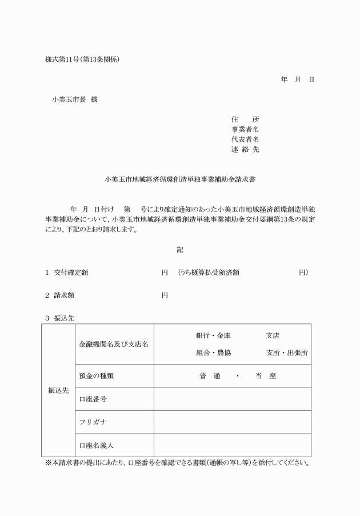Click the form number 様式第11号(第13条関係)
tap(82, 59)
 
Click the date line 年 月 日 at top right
tap(297, 79)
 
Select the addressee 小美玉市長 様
tap(75, 99)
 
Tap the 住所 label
tap(245, 119)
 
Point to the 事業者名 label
tap(245, 130)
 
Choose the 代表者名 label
tap(245, 139)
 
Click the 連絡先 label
tap(245, 150)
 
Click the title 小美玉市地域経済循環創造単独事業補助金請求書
tap(180, 179)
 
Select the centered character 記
tap(180, 250)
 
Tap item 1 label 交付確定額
tap(71, 273)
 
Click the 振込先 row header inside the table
tap(58, 391)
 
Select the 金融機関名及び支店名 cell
tap(114, 344)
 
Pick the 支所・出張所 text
tap(287, 353)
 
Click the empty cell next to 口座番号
tap(232, 399)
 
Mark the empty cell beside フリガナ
tap(232, 422)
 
